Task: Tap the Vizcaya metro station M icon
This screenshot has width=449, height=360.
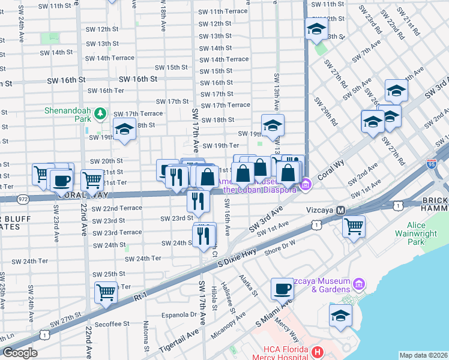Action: tap(341, 211)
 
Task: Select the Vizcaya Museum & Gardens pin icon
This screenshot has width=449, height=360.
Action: tap(359, 283)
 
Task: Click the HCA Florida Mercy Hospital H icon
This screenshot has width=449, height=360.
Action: tap(318, 350)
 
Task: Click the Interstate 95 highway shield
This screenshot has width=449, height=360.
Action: tap(431, 163)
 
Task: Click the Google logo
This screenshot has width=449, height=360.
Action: tap(20, 353)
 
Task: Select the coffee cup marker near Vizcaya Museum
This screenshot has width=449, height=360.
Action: tap(282, 289)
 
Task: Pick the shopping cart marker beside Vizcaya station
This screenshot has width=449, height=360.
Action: tap(354, 226)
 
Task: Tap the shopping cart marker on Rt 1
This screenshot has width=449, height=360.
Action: tap(106, 292)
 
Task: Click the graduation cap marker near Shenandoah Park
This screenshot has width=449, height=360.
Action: tap(124, 130)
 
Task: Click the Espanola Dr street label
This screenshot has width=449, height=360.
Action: tap(177, 314)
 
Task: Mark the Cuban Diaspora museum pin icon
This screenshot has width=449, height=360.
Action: tap(306, 184)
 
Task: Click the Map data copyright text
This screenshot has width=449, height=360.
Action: tap(423, 355)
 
